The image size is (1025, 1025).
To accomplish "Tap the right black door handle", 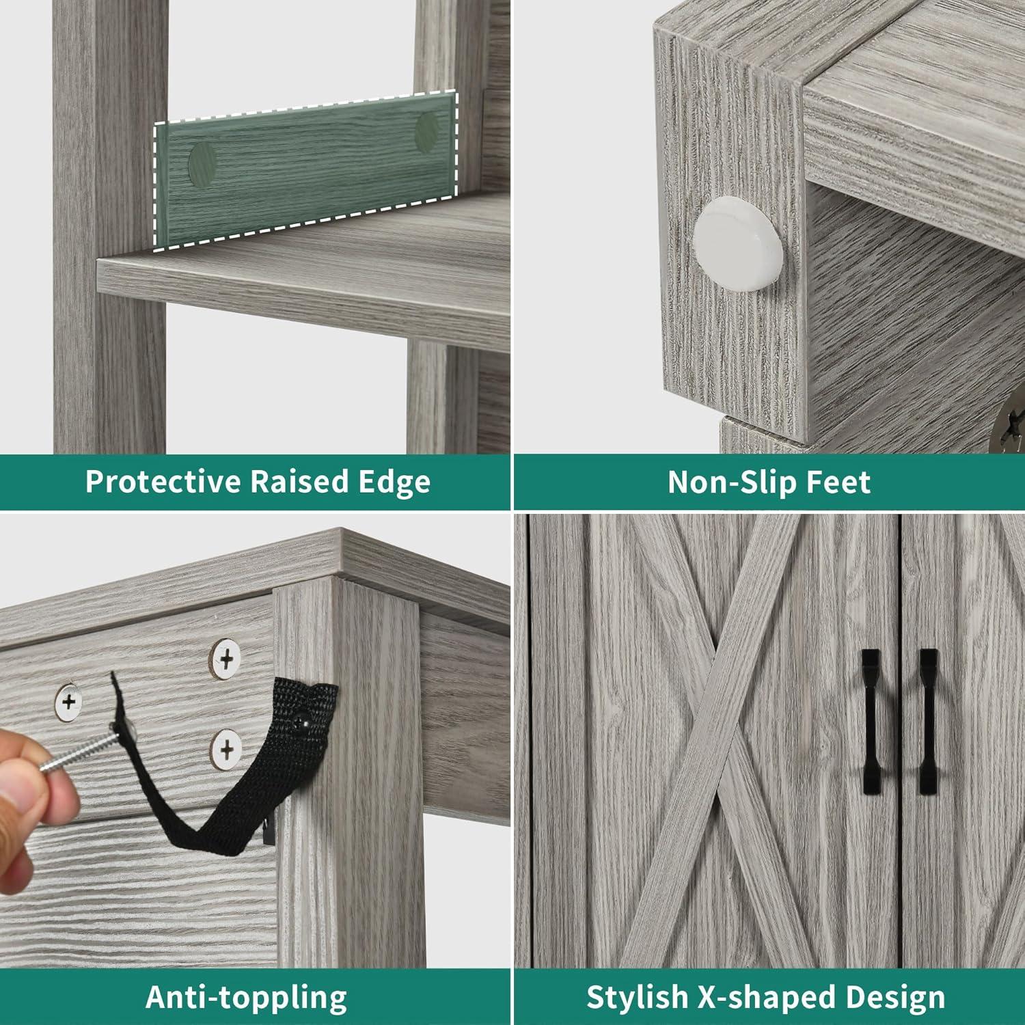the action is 927,722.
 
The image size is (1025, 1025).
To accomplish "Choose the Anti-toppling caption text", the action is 246,998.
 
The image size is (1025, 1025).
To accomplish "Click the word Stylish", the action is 637,998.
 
